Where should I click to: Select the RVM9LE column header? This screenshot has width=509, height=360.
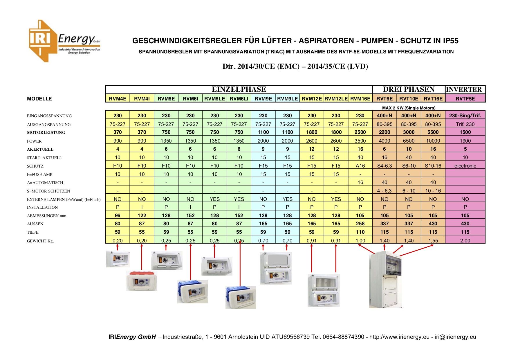click(x=287, y=99)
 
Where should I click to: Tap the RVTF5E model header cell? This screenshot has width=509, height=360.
click(x=465, y=99)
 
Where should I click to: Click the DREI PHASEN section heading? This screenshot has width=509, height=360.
click(x=409, y=89)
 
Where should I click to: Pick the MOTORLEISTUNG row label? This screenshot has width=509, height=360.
click(x=46, y=132)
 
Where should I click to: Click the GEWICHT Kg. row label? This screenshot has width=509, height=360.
click(x=40, y=241)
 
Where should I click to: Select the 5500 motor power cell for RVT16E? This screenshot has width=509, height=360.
click(x=433, y=132)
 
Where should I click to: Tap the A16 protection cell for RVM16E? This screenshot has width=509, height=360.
click(x=360, y=166)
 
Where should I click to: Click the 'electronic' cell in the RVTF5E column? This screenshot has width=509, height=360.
click(x=465, y=166)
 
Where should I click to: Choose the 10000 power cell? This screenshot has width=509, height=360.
click(x=433, y=141)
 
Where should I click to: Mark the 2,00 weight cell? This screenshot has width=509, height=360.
click(x=465, y=241)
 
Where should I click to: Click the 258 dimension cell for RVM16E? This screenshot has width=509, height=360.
click(x=360, y=224)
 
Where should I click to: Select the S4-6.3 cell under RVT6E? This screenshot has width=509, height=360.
click(x=384, y=166)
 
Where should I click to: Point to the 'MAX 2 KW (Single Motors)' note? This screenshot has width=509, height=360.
click(x=409, y=108)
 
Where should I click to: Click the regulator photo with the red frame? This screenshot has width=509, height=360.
click(x=142, y=281)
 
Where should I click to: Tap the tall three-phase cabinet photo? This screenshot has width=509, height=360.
click(x=385, y=279)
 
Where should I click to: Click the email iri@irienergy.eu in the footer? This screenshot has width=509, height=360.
click(x=455, y=337)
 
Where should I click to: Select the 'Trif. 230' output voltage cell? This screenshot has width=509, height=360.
click(x=465, y=124)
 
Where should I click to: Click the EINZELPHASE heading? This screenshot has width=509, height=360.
click(x=239, y=89)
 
